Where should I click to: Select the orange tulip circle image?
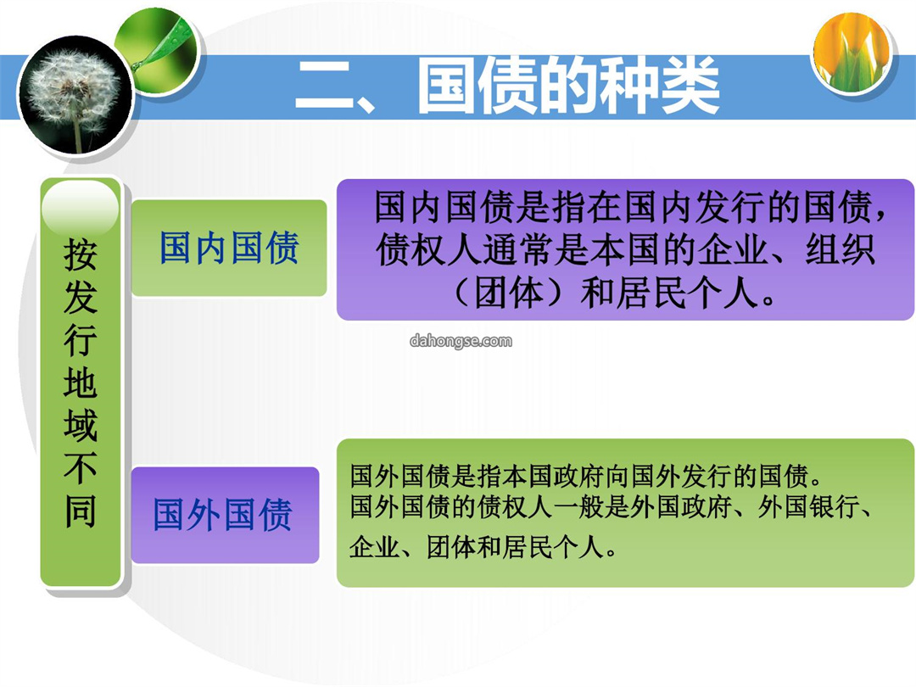pos(852,53)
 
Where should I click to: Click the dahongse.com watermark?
pos(461,341)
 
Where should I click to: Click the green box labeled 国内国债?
pos(229,248)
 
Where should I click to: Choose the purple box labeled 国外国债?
pos(225,515)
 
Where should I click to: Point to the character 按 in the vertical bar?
pos(80,254)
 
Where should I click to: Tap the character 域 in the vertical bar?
pos(80,425)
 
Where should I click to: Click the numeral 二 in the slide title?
pos(325,86)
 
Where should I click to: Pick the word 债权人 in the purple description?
pos(429,250)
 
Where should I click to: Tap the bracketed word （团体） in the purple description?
pos(510,293)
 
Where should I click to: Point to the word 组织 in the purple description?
pos(840,250)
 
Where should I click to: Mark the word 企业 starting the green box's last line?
pos(375,548)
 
